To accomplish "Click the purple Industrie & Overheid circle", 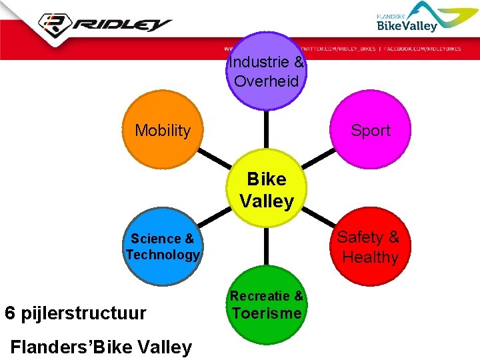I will point(267,71).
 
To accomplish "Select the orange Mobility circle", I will point(163,130).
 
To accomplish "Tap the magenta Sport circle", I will point(371,130).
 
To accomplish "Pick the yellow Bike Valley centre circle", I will point(267,190).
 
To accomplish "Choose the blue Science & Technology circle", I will point(163,247).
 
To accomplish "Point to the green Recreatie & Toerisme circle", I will point(267,305).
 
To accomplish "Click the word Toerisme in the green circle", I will point(267,314).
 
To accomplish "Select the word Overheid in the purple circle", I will point(267,82).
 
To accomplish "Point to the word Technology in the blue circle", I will point(163,255).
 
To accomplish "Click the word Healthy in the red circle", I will point(370,257).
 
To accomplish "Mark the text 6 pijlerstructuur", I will point(75,313).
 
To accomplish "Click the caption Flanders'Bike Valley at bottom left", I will point(101,347).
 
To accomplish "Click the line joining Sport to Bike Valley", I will point(319,159).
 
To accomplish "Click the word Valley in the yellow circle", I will point(267,201).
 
